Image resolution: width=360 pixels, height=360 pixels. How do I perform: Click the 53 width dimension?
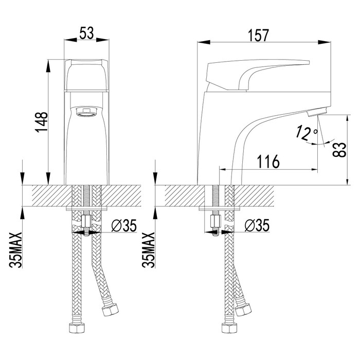click(x=86, y=33)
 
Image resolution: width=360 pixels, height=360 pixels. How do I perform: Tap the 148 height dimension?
click(x=41, y=122)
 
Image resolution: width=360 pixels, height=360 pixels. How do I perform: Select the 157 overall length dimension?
click(x=258, y=35)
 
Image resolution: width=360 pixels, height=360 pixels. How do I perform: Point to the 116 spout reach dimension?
click(x=268, y=161)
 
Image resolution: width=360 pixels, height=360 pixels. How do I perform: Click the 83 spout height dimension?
click(x=339, y=150)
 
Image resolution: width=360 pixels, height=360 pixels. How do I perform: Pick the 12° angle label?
click(x=306, y=133)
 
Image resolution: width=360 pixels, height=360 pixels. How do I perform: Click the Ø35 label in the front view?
click(x=124, y=225)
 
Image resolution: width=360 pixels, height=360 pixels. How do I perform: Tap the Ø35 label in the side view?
click(x=257, y=225)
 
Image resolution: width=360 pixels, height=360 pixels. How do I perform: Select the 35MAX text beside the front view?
click(x=15, y=250)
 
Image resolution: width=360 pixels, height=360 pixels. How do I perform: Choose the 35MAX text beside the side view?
click(x=148, y=250)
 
